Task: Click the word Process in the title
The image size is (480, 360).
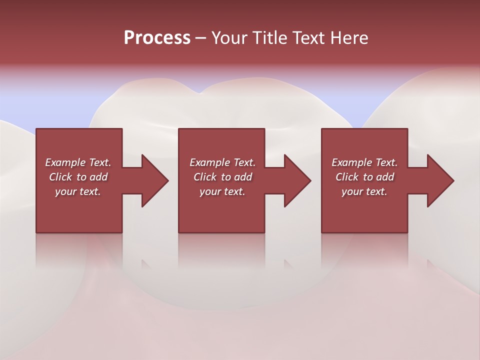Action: [x=157, y=37]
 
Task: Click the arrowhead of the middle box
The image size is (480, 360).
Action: [x=297, y=180]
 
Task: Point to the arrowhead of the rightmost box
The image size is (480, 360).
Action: [x=440, y=180]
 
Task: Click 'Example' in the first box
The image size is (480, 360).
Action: [x=65, y=162]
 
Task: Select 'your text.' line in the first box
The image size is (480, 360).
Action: [x=78, y=191]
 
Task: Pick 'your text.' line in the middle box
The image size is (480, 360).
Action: [x=222, y=191]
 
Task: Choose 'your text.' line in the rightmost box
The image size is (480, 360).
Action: [x=364, y=191]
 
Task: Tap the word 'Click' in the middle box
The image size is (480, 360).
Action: [x=205, y=177]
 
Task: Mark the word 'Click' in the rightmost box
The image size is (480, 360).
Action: [x=347, y=177]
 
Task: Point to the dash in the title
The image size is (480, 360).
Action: [x=200, y=38]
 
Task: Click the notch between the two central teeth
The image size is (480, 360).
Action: [x=199, y=92]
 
